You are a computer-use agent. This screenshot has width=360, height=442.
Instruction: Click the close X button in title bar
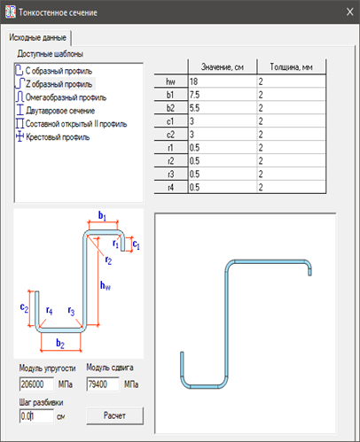[349, 12]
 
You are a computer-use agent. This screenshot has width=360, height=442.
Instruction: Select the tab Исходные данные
[38, 37]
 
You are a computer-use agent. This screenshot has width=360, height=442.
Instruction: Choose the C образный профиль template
[53, 71]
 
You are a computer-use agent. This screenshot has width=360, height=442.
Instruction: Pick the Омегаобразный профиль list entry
[60, 97]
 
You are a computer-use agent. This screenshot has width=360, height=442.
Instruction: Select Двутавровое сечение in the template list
[55, 111]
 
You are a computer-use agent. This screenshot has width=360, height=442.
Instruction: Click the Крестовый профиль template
[52, 137]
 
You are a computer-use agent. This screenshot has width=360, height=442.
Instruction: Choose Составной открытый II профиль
[71, 124]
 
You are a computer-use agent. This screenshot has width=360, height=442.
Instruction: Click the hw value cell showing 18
[223, 81]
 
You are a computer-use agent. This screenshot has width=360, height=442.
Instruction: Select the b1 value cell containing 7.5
[223, 95]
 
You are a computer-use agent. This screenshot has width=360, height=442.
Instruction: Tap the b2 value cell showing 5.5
[223, 108]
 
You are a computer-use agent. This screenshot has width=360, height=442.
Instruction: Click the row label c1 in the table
[171, 121]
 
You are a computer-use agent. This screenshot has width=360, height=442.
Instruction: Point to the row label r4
[171, 188]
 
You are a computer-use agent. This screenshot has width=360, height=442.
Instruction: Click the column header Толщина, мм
[292, 67]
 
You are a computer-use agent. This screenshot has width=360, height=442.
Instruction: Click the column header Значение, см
[223, 67]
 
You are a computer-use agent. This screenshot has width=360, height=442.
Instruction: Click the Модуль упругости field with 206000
[36, 384]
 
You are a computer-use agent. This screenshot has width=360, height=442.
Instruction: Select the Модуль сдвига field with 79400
[103, 384]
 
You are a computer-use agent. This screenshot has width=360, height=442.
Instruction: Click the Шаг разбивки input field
[36, 416]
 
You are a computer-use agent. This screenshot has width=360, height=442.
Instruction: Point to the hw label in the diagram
[106, 285]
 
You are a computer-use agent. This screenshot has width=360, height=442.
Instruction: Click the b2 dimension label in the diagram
[60, 343]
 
